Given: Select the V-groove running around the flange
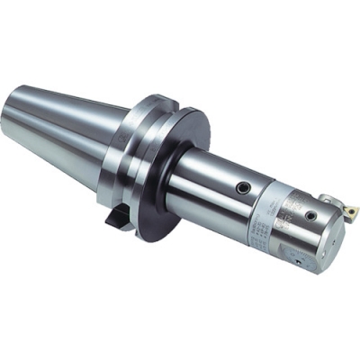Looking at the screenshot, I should coord(126,153).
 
